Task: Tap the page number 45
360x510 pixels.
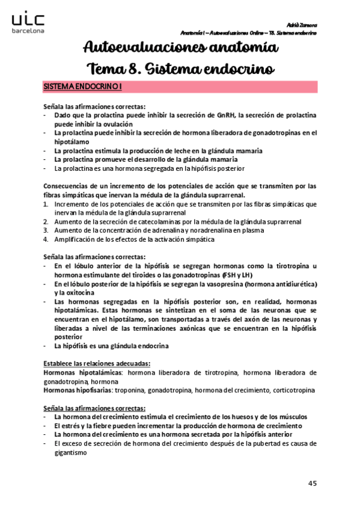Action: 313,483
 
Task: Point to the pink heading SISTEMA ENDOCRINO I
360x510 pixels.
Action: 82,87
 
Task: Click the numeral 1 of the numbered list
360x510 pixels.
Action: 46,204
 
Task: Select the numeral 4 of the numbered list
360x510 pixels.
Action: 46,239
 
